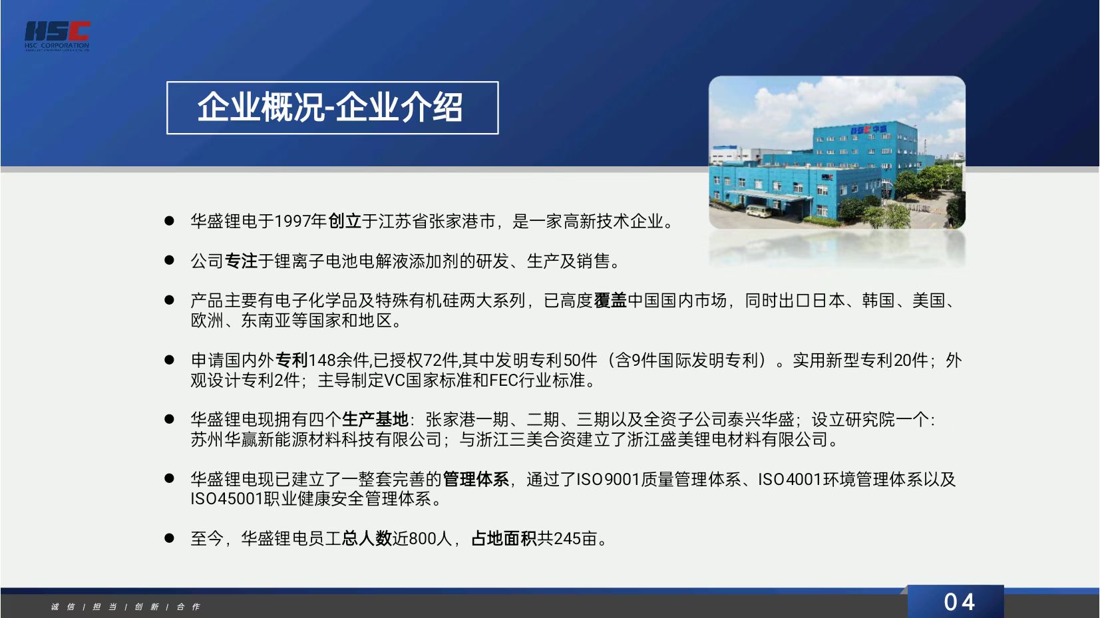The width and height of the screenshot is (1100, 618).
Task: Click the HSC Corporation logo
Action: point(57,36)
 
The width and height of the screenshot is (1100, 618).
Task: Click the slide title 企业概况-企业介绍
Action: point(330,107)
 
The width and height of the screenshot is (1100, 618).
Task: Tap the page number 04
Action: point(959,602)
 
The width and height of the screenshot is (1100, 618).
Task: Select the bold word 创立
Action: point(344,222)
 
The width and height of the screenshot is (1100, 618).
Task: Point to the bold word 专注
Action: point(241,261)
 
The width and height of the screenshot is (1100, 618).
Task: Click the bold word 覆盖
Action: point(610,301)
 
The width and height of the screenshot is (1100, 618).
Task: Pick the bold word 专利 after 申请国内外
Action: point(291,361)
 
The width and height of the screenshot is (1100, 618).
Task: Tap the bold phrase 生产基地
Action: point(375,419)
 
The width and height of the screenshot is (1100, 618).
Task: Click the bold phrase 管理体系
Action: point(476,479)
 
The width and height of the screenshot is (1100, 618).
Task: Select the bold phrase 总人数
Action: point(367,538)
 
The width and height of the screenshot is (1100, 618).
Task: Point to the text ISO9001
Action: point(608,479)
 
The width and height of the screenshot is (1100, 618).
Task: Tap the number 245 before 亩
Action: point(567,538)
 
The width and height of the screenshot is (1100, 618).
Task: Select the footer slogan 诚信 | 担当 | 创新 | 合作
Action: point(125,607)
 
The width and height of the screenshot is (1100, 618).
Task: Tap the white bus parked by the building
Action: point(759,211)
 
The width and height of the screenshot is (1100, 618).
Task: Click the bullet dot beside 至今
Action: point(170,538)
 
